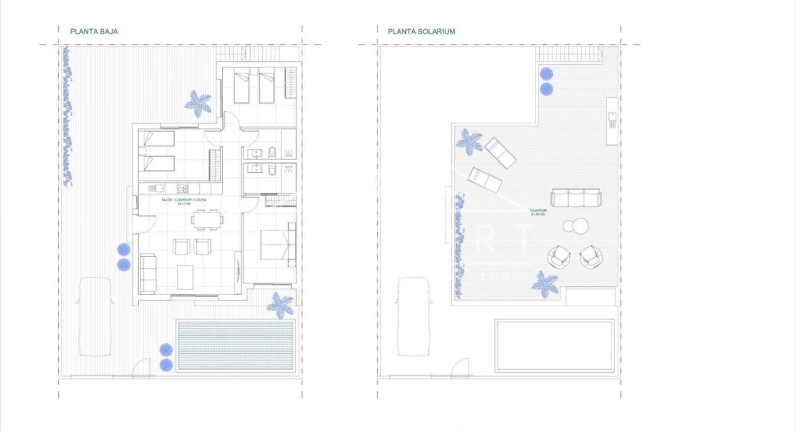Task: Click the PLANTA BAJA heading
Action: click(x=94, y=31)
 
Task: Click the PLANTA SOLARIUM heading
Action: click(x=421, y=31)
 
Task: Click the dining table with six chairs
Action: click(x=205, y=219)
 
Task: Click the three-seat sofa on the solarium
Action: click(x=575, y=198)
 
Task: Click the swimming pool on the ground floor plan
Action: click(x=235, y=345)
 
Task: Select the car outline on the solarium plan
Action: click(x=413, y=316)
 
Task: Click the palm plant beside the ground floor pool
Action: click(x=280, y=305)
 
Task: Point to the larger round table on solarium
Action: click(x=580, y=227)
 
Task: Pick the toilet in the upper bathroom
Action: click(x=272, y=152)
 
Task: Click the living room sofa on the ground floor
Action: click(x=148, y=272)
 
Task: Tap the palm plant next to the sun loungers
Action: click(x=470, y=141)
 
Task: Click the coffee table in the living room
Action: click(x=186, y=276)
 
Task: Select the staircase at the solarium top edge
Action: click(x=568, y=56)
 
